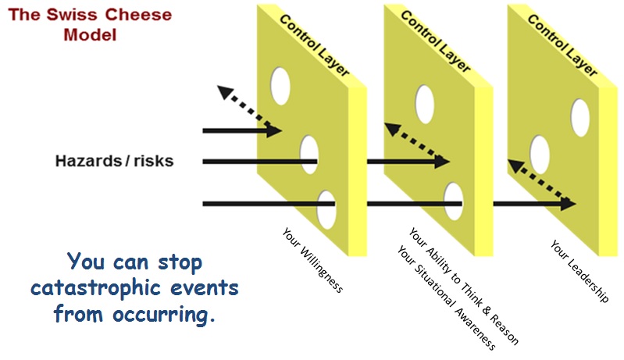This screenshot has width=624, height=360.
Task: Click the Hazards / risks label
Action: (114, 162)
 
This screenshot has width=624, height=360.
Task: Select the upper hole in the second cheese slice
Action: (425, 104)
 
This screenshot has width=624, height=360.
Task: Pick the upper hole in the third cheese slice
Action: (580, 116)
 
